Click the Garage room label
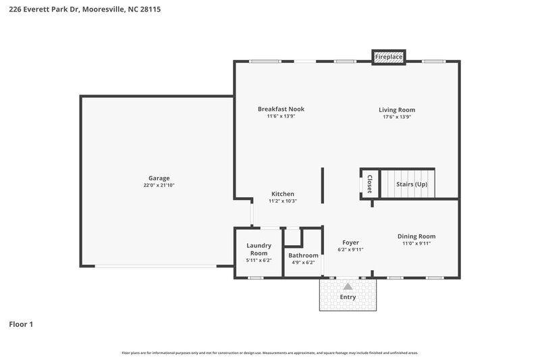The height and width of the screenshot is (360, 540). click(x=159, y=178)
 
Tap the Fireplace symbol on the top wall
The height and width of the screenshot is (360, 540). click(x=389, y=57)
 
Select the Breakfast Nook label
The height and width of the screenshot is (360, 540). click(x=281, y=109)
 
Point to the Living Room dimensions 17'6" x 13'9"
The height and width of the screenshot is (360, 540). click(x=396, y=117)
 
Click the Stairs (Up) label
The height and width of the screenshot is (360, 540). click(x=411, y=184)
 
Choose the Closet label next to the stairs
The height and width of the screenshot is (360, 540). click(x=369, y=183)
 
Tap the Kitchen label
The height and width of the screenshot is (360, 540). click(x=282, y=194)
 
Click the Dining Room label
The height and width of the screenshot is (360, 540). click(x=416, y=236)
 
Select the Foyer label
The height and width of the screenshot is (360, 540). click(x=350, y=242)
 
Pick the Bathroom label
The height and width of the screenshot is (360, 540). click(x=303, y=255)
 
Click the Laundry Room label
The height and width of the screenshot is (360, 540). click(x=259, y=249)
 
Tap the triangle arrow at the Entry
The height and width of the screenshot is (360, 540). click(x=348, y=287)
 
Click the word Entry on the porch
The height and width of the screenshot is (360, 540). click(x=348, y=297)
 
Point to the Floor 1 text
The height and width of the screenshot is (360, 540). click(x=21, y=324)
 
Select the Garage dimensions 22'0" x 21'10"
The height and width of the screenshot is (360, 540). click(x=159, y=186)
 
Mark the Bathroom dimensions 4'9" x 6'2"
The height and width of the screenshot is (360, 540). click(x=303, y=262)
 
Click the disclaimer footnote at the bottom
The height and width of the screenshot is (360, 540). click(x=270, y=353)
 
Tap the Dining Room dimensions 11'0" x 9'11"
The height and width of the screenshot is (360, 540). click(x=416, y=243)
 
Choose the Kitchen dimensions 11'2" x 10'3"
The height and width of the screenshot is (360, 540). click(x=282, y=201)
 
